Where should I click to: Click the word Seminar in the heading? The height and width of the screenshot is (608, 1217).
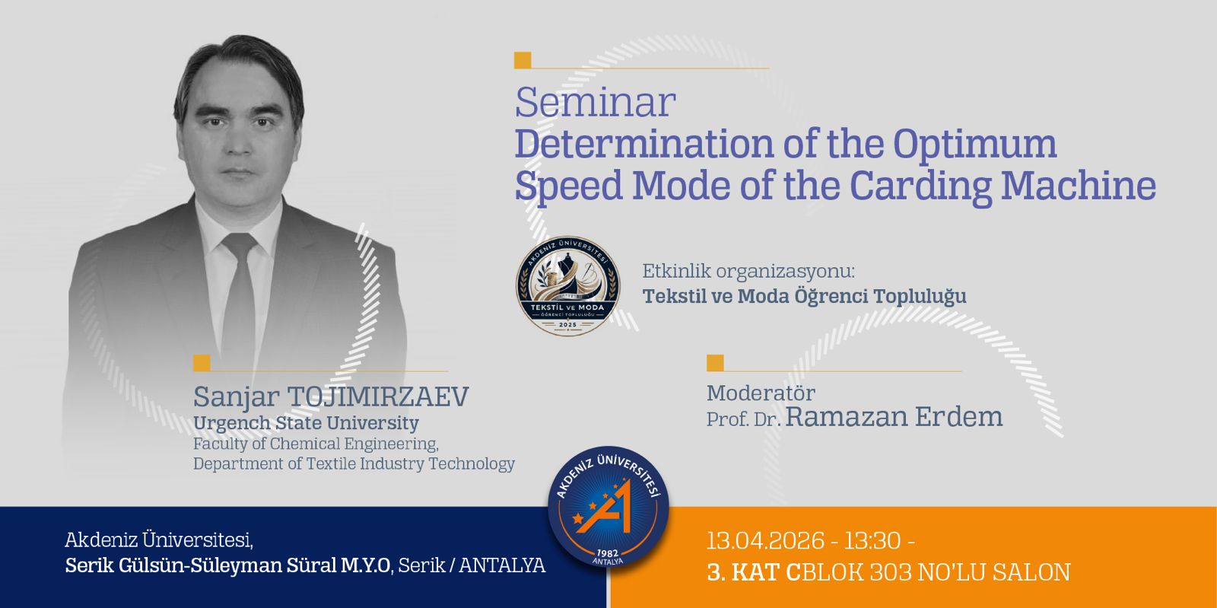click(596, 102)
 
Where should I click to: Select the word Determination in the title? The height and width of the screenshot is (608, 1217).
click(643, 144)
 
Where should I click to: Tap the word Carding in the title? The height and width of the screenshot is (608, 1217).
click(921, 186)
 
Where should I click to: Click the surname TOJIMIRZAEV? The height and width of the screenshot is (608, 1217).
click(377, 396)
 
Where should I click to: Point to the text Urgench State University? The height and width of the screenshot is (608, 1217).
click(306, 423)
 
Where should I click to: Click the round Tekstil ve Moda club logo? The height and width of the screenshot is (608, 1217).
click(567, 285)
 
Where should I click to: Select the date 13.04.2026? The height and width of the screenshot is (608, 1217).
click(765, 540)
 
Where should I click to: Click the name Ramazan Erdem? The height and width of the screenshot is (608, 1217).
click(894, 417)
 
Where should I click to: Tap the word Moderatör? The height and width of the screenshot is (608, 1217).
click(761, 393)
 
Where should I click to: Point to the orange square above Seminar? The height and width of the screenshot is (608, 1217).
click(523, 60)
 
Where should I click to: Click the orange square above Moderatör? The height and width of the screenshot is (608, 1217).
click(715, 363)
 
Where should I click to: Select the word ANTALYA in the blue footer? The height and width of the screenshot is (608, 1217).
click(502, 565)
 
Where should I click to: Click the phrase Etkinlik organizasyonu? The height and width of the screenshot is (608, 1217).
click(748, 271)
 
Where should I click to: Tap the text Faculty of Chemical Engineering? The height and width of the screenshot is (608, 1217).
click(316, 444)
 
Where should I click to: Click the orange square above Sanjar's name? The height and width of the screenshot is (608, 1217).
click(202, 363)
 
